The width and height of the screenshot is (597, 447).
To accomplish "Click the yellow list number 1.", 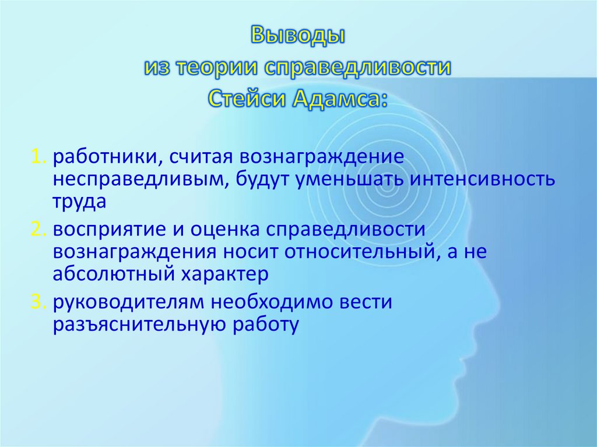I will pos(37,157).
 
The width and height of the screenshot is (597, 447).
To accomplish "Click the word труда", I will pos(79,202).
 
